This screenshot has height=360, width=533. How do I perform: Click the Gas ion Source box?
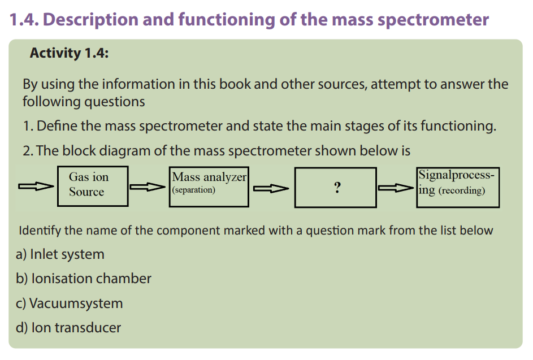93,186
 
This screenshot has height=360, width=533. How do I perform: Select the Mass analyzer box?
209,186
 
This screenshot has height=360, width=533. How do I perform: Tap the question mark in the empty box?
337,187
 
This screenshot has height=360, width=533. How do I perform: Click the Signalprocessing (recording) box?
458,187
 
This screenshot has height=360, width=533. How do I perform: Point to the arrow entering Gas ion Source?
36,186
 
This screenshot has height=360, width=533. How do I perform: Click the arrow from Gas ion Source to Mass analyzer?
148,187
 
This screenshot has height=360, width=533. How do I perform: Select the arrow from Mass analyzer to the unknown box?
271,188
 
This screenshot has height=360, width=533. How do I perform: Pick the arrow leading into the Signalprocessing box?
396,188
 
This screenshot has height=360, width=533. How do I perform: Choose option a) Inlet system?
60,254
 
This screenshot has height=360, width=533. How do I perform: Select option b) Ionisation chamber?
83,279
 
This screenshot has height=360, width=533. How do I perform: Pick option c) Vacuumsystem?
69,303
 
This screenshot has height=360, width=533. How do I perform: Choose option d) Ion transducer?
68,328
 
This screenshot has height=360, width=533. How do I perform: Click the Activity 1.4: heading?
69,53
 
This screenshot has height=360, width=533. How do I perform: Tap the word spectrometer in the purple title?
433,20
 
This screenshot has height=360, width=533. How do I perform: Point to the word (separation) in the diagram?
194,190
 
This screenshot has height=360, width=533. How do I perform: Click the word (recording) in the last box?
462,190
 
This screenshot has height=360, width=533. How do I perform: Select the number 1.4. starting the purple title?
24,19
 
